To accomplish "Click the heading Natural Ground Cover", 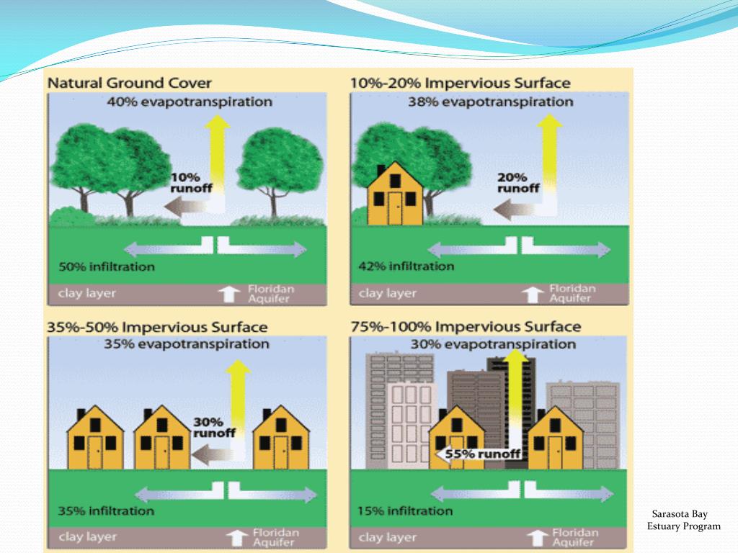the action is (x=130, y=84).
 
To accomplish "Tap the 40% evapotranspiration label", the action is (x=190, y=102).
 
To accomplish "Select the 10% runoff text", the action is (x=187, y=183).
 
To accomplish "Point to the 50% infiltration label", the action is (x=107, y=267).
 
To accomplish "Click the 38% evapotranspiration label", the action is (x=490, y=102).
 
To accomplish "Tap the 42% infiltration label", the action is (x=406, y=267).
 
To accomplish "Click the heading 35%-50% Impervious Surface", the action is (x=157, y=328).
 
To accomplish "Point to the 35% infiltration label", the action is (x=107, y=511).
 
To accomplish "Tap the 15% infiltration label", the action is (x=405, y=511).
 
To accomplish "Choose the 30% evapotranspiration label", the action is (x=493, y=345).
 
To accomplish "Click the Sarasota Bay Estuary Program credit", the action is (x=683, y=520).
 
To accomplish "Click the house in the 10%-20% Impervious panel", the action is (x=394, y=194).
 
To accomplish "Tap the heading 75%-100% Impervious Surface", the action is (x=466, y=328).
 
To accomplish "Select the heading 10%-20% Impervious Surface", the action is (x=460, y=84).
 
